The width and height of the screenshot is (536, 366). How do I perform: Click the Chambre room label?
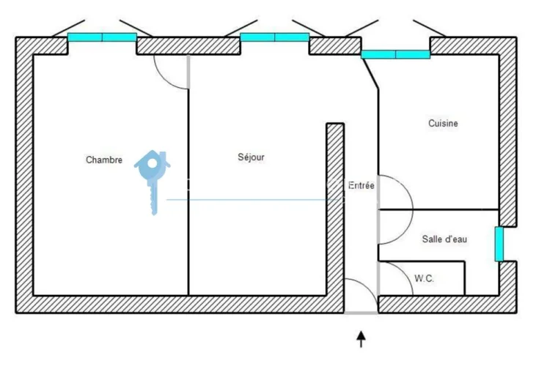click(x=103, y=160)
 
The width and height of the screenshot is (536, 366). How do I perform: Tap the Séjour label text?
click(x=251, y=157)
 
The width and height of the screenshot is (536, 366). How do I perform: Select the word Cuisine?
click(x=443, y=124)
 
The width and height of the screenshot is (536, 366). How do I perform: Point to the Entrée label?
click(x=361, y=186)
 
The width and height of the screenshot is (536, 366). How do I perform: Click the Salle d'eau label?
click(x=444, y=239)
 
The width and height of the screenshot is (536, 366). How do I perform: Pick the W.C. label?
click(x=424, y=278)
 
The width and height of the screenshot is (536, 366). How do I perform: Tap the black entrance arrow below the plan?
click(x=361, y=338)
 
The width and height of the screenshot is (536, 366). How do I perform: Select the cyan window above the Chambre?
click(x=102, y=37)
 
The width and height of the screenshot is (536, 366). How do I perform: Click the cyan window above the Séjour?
click(x=274, y=37)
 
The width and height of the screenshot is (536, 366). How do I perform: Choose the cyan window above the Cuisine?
click(x=395, y=54)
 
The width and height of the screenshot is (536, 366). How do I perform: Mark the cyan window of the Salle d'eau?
click(x=499, y=244)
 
